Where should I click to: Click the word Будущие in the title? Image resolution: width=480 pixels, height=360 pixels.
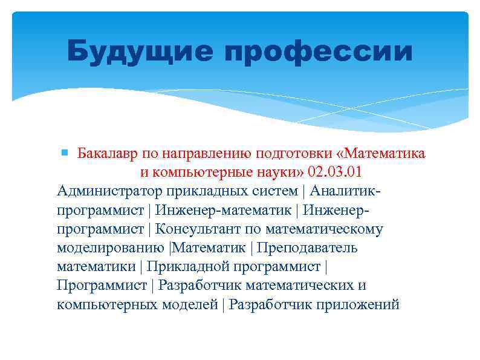140,52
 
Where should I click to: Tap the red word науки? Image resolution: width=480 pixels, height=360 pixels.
276,172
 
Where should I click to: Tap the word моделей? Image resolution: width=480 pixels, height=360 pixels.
189,304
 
